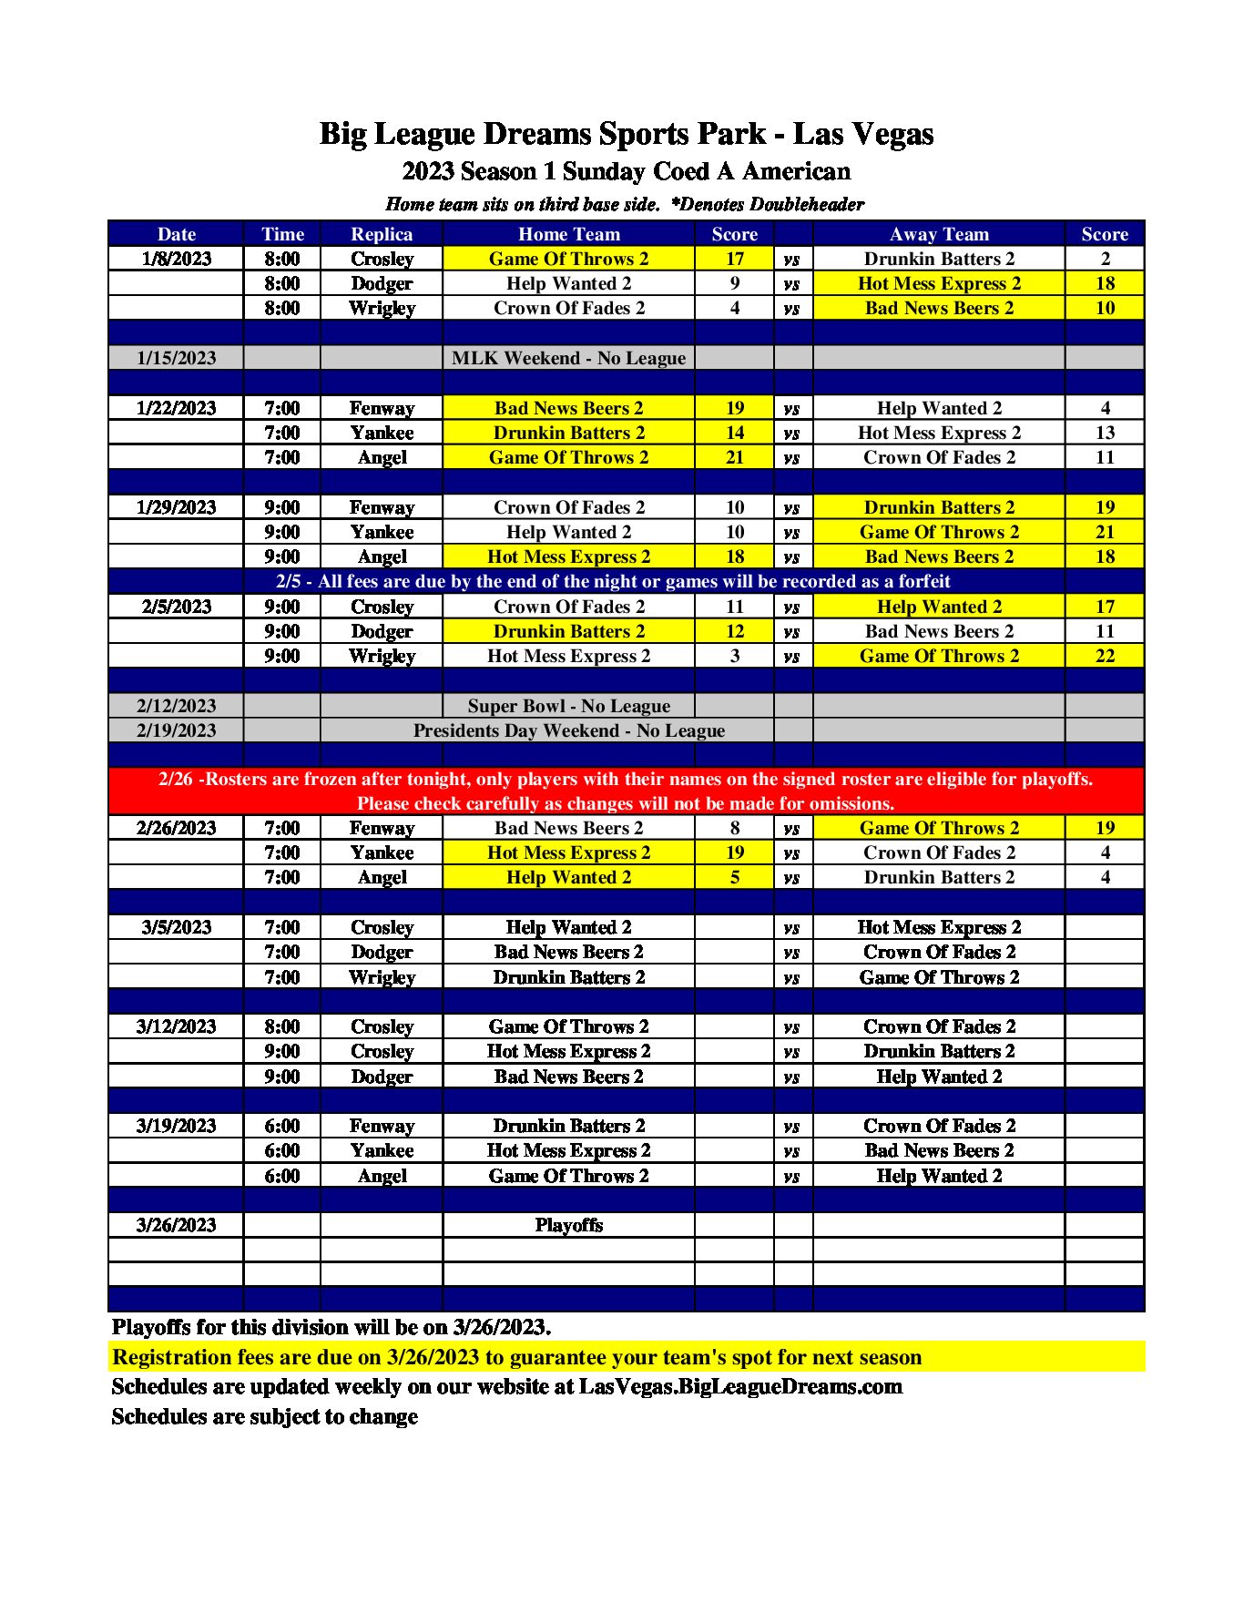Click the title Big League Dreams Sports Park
[x=626, y=134]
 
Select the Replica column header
[x=382, y=234]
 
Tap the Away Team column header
[x=938, y=234]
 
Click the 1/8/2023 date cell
[x=176, y=259]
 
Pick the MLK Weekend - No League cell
[x=568, y=358]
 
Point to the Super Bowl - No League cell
[x=568, y=706]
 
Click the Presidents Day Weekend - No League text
[x=568, y=730]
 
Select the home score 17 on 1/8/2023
[x=734, y=259]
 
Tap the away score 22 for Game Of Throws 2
[x=1104, y=656]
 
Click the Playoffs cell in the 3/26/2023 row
[x=568, y=1225]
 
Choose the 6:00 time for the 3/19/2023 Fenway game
[x=281, y=1126]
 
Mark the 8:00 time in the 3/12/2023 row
[x=281, y=1026]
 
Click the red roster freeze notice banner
[x=626, y=791]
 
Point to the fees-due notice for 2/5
[x=612, y=581]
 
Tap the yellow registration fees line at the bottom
[x=516, y=1357]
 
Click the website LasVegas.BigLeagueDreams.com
[x=739, y=1387]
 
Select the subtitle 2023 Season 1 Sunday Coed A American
[x=626, y=171]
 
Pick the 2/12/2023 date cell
[x=176, y=706]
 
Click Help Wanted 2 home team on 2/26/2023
[x=568, y=877]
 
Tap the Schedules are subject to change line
[x=264, y=1417]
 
